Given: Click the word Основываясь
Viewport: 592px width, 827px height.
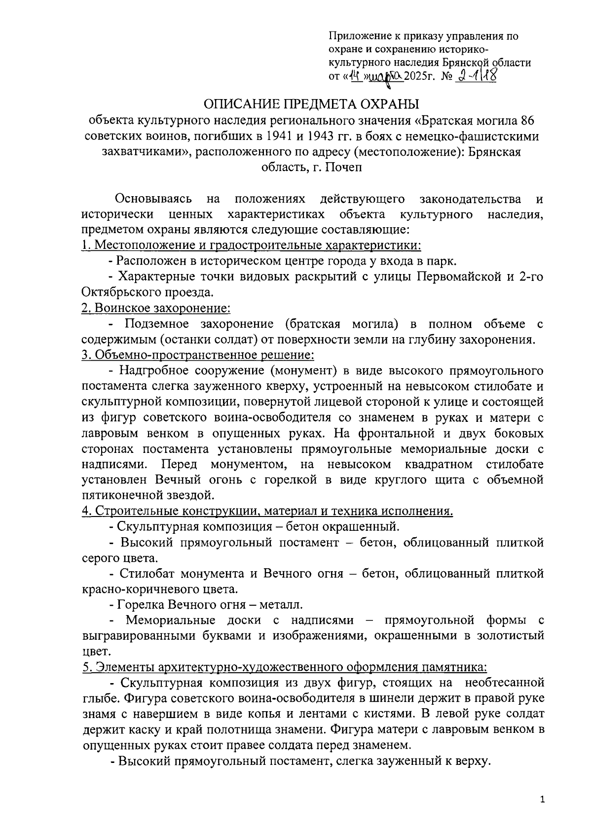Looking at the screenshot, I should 153,199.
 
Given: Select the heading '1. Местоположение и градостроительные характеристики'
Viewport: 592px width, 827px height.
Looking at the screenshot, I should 251,245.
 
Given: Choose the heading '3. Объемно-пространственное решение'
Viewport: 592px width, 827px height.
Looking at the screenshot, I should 198,355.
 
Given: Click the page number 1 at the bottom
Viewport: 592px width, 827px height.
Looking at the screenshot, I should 543,801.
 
